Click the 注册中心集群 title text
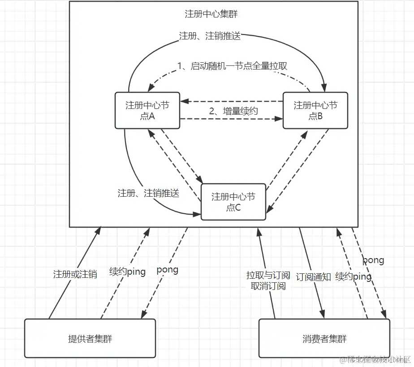211,14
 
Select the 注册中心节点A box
147,110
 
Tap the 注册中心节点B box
315,110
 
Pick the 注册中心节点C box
233,202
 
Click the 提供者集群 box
90,338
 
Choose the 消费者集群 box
324,338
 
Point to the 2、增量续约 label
233,111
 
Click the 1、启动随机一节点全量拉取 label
232,66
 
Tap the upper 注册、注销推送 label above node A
210,36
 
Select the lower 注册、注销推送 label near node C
148,194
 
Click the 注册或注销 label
75,274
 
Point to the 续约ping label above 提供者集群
128,272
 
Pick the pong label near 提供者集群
167,270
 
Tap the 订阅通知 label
313,277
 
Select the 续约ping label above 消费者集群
353,277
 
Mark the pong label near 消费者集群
373,260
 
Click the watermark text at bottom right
375,360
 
